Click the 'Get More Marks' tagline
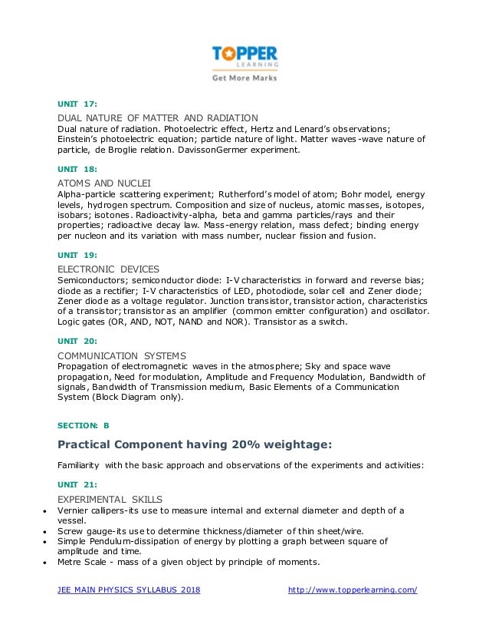click(x=244, y=78)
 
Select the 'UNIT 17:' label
click(x=77, y=103)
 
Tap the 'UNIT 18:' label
click(x=77, y=167)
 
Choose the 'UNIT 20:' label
click(x=77, y=339)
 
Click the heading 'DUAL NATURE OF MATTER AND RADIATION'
click(x=158, y=117)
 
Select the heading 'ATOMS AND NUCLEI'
click(x=104, y=183)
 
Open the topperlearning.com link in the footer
click(x=352, y=589)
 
